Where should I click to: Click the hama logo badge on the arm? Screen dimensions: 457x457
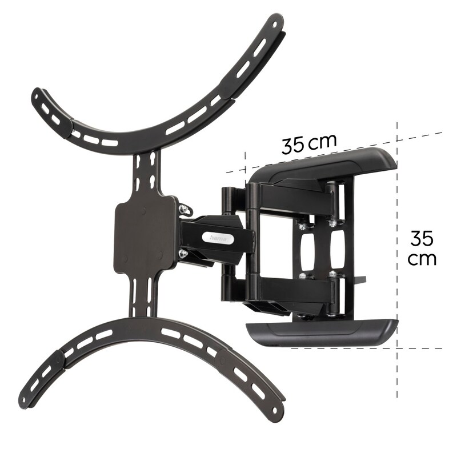(217, 237)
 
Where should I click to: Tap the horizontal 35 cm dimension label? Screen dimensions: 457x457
(308, 143)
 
